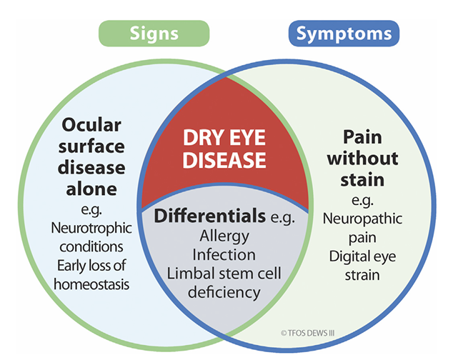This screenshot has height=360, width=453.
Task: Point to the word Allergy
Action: pos(226,236)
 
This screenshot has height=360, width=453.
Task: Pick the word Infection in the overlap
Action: pos(226,254)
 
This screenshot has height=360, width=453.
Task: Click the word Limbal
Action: pos(191,273)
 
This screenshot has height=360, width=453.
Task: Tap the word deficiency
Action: pos(226,291)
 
